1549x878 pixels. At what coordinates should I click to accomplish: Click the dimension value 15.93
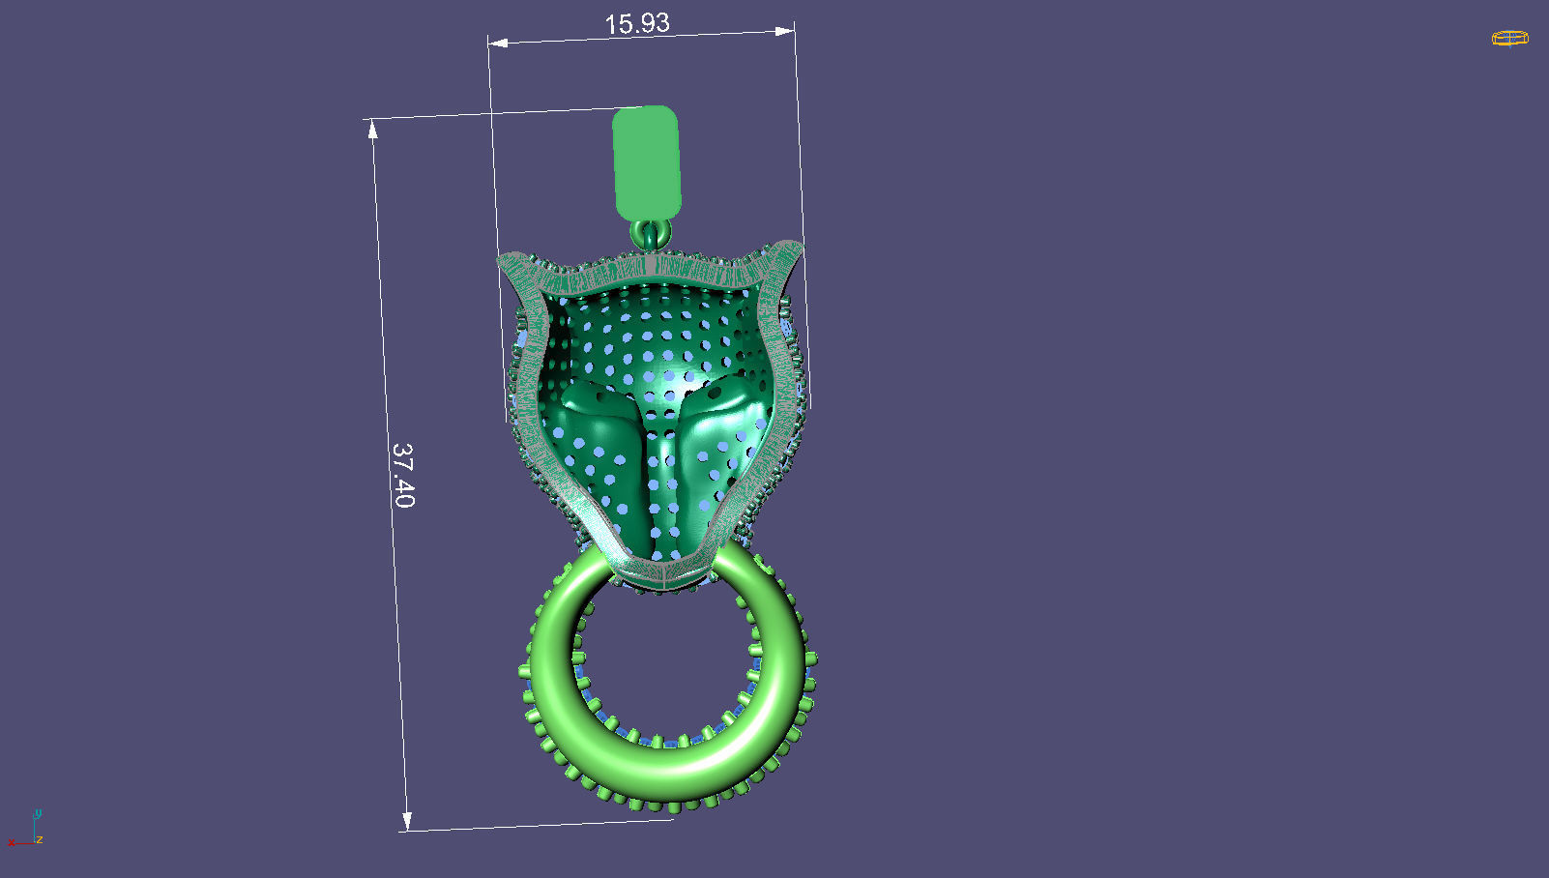pyautogui.click(x=637, y=23)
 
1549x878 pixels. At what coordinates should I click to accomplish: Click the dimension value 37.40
pyautogui.click(x=404, y=475)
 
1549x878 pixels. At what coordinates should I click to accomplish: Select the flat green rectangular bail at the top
pyautogui.click(x=647, y=161)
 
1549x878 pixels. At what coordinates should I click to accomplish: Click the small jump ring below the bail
pyautogui.click(x=651, y=233)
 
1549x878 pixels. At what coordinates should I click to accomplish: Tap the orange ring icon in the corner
pyautogui.click(x=1509, y=39)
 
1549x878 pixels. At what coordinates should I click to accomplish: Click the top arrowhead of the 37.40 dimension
pyautogui.click(x=373, y=129)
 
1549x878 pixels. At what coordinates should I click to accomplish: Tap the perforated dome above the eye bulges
pyautogui.click(x=658, y=329)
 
